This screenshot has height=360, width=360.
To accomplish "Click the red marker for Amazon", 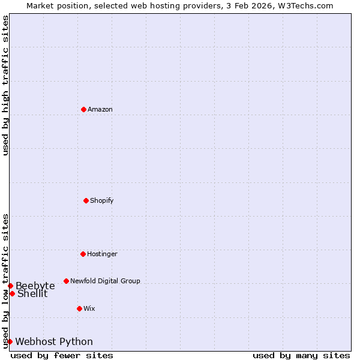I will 83,109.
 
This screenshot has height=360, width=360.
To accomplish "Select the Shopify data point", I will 86,200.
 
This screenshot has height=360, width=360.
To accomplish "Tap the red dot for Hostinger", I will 83,254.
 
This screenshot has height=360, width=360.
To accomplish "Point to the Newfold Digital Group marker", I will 66,281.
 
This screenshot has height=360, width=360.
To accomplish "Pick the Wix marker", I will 79,308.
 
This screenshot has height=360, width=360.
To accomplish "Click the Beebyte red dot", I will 10,286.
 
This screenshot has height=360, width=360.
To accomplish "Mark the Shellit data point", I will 12,293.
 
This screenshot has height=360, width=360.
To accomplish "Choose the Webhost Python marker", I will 10,341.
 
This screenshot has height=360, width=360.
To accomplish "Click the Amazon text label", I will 100,109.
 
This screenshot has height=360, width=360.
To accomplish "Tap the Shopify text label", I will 102,200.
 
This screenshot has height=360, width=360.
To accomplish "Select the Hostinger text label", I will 102,254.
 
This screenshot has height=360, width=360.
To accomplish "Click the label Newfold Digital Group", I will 105,281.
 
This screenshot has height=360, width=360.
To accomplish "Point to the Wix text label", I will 89,308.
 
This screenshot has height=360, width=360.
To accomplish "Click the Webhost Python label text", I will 54,342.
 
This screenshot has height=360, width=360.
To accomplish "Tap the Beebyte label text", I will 35,286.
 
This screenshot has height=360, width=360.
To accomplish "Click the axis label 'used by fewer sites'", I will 62,355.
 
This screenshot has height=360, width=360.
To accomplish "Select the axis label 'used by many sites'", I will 301,355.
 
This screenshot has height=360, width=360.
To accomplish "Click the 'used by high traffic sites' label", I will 5,86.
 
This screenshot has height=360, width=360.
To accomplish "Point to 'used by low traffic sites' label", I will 5,281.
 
